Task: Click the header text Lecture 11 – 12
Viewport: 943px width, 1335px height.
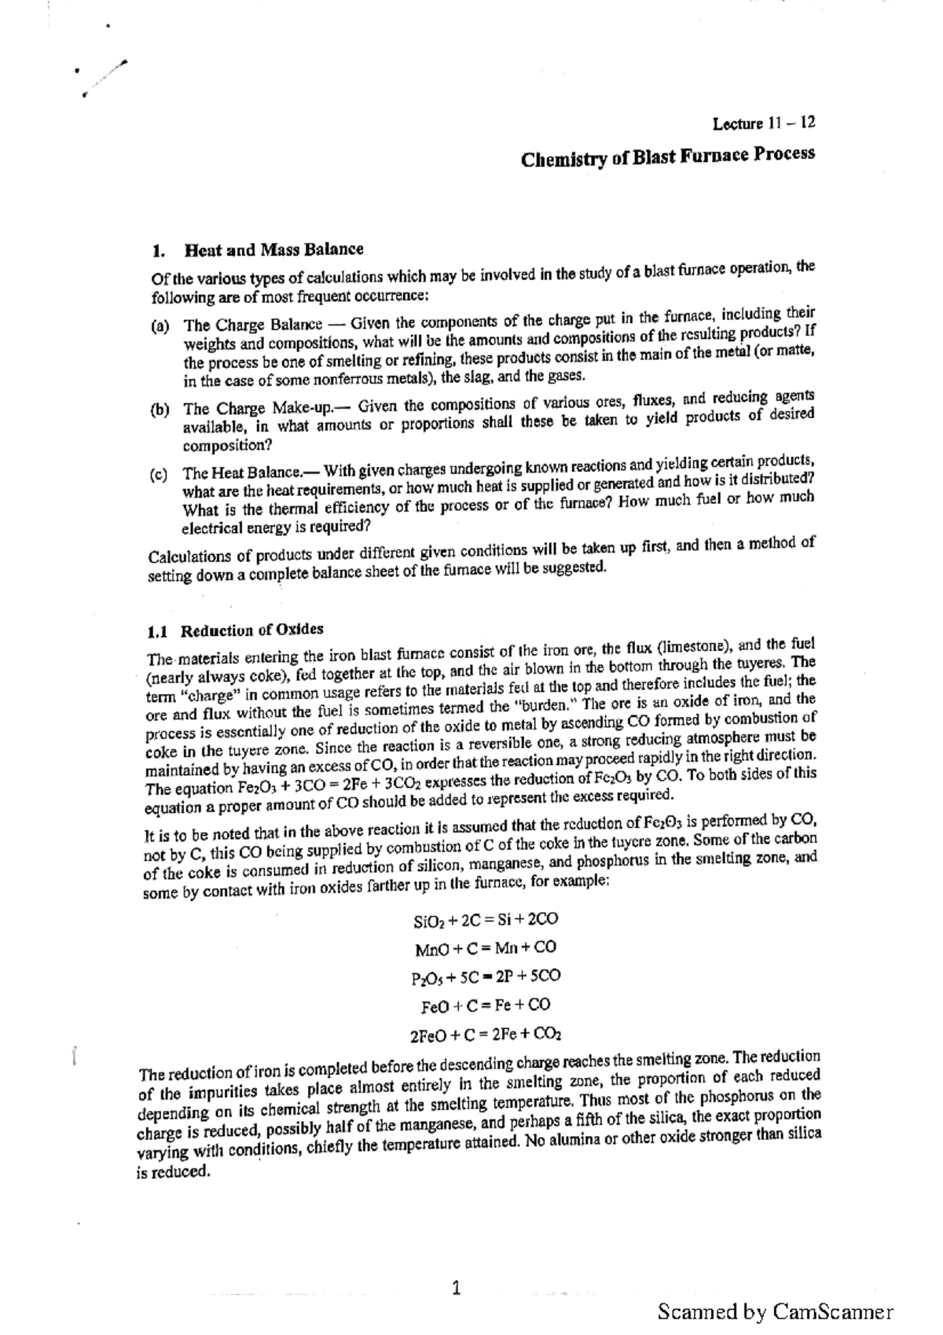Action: pyautogui.click(x=763, y=123)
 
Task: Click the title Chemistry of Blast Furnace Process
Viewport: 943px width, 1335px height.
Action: pyautogui.click(x=667, y=157)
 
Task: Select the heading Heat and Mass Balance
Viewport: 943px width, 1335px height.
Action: pyautogui.click(x=273, y=251)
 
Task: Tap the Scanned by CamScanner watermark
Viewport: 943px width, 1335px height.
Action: pyautogui.click(x=775, y=1311)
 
